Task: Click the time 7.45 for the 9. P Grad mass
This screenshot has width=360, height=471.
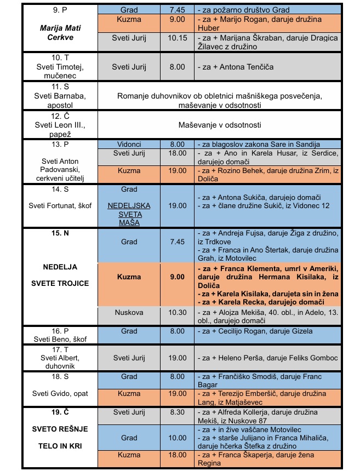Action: click(177, 9)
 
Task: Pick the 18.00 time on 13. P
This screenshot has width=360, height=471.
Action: click(177, 153)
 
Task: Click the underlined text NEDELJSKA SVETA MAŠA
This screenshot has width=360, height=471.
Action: click(129, 215)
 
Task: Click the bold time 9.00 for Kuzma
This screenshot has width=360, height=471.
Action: click(177, 277)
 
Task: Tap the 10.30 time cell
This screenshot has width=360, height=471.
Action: click(177, 312)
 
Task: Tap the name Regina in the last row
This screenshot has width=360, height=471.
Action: click(209, 463)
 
